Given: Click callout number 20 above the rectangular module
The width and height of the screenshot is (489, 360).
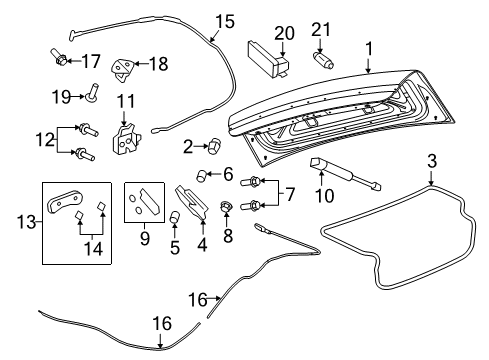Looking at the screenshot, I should [285, 32].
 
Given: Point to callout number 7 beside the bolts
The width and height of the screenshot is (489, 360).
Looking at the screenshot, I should [290, 192].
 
